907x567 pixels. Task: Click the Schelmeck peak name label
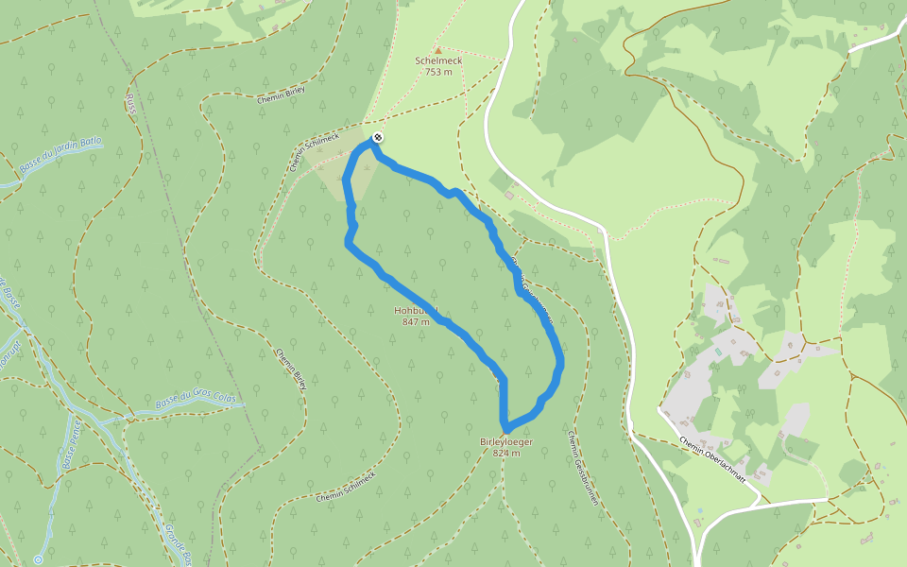click(x=437, y=60)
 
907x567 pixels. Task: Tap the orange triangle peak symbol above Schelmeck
click(x=437, y=49)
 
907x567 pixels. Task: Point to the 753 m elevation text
click(x=438, y=72)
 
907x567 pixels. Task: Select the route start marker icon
click(x=378, y=138)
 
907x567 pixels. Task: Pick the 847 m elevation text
click(x=416, y=322)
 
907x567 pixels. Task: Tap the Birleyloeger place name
click(x=506, y=441)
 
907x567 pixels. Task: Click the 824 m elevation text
click(x=506, y=453)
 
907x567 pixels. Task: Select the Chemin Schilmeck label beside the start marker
click(x=316, y=146)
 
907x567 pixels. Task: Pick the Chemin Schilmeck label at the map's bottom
click(x=346, y=485)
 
